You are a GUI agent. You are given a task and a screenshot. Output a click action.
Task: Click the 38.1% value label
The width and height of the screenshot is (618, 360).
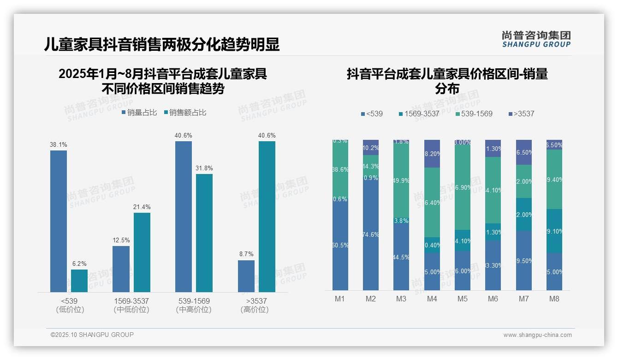59,144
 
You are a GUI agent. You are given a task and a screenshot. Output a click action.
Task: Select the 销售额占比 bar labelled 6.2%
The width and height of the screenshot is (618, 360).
79,281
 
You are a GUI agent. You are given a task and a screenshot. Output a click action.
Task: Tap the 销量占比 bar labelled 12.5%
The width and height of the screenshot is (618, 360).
121,269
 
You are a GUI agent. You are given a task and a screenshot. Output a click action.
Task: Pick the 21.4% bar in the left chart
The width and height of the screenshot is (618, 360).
142,252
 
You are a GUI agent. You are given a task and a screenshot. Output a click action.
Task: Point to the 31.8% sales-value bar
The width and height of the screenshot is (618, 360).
204,233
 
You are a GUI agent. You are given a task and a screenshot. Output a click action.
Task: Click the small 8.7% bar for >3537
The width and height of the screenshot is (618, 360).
246,276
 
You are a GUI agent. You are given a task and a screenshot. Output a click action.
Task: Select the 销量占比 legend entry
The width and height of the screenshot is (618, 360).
139,113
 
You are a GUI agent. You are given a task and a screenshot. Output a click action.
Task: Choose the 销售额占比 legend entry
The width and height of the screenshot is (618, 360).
184,113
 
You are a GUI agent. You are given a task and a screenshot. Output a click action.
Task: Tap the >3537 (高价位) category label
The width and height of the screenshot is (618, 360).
254,305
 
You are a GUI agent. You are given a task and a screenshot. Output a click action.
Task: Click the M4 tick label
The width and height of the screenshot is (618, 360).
432,299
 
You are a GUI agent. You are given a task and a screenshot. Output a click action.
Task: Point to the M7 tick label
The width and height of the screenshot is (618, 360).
523,299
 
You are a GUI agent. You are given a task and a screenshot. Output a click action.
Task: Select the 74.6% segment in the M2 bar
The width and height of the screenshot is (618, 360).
371,234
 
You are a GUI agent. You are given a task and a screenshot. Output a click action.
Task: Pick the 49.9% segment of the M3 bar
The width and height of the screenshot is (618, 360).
401,180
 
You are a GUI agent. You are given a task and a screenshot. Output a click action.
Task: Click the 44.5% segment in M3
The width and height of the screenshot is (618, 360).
401,257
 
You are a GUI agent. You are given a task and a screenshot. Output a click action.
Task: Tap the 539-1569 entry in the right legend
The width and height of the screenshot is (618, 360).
473,114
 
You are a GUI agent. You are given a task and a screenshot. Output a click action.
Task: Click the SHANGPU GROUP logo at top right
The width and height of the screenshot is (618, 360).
536,39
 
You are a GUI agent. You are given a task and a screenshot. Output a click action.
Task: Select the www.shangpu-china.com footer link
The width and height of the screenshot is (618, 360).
537,335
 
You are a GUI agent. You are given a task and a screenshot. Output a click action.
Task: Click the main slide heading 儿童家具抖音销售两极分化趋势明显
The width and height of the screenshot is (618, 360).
162,45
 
